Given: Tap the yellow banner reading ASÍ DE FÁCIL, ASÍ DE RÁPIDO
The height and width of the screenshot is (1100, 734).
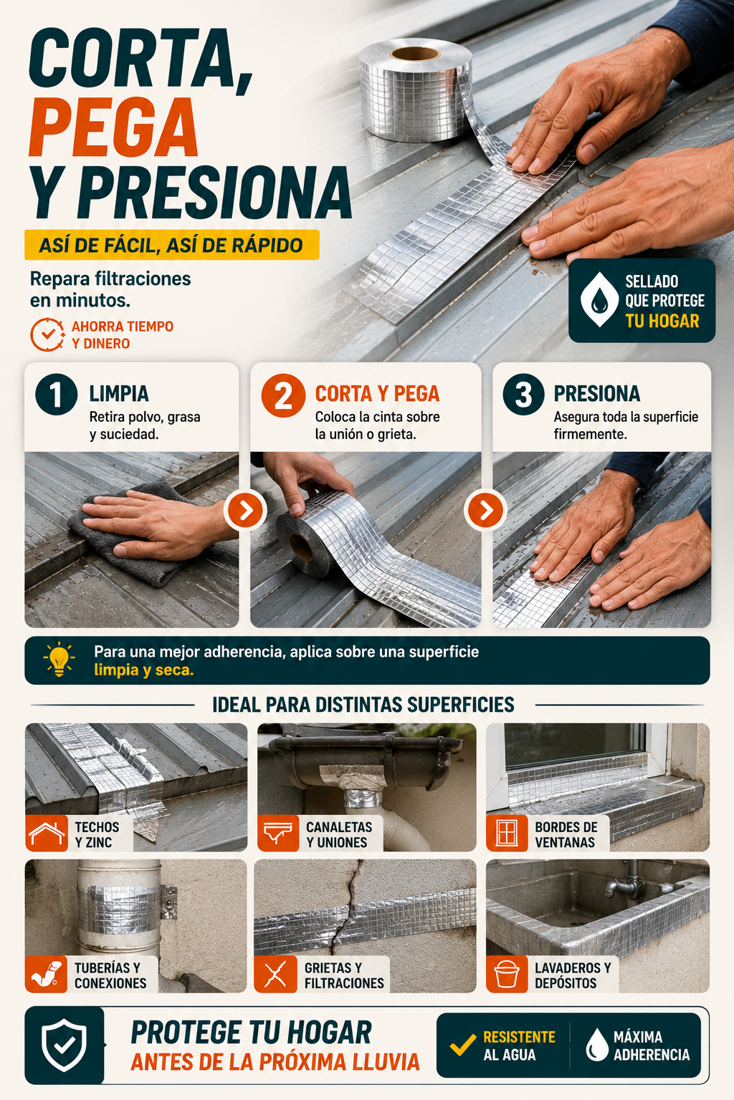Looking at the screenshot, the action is click(171, 244).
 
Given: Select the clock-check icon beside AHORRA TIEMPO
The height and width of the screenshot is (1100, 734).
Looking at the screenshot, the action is click(47, 334).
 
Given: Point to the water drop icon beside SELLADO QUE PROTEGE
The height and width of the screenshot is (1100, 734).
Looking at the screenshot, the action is click(599, 300).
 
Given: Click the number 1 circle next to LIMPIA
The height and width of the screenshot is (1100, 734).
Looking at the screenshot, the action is click(56, 395).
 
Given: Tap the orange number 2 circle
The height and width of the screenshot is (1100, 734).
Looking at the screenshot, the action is click(283, 395).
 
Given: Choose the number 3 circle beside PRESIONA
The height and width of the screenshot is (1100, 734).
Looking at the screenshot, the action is click(523, 395).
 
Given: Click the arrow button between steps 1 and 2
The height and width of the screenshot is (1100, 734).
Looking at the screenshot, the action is click(245, 511).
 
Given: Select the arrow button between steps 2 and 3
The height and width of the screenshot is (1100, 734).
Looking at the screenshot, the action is click(485, 511).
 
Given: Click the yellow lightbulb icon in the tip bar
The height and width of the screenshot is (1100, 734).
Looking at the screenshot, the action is click(59, 659).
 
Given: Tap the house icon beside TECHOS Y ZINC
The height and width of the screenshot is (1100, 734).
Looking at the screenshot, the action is click(47, 834).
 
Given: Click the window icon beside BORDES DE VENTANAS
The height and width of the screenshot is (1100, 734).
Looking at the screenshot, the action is click(506, 833).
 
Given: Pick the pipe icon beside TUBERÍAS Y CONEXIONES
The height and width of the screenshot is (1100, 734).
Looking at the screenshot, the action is click(46, 974).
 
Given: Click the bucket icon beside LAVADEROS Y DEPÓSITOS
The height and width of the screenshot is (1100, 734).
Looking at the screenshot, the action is click(507, 974).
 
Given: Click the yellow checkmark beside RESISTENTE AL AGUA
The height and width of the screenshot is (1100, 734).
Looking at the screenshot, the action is click(463, 1045).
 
